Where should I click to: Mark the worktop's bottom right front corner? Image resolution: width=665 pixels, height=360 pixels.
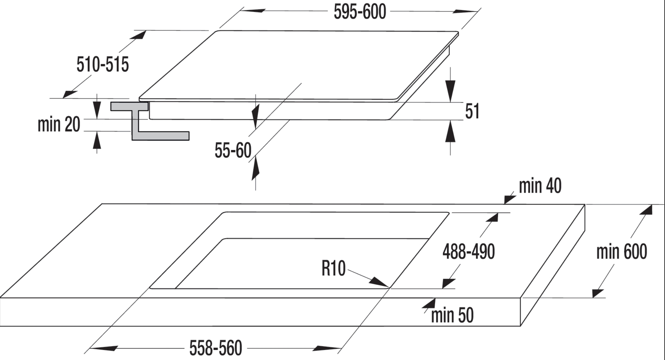[x=521, y=326]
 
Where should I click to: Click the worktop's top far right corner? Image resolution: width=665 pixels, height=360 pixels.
[x=585, y=204]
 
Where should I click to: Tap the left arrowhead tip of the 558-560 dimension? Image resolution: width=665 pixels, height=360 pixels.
[x=89, y=349]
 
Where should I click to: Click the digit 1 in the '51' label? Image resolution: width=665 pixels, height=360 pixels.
[x=476, y=111]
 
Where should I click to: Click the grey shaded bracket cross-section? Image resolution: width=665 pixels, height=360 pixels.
[x=150, y=121]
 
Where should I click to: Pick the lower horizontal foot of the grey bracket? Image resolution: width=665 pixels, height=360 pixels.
[x=160, y=136]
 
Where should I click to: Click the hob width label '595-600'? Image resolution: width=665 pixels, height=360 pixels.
[x=360, y=12]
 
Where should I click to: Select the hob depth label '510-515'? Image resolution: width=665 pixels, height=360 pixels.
[x=103, y=64]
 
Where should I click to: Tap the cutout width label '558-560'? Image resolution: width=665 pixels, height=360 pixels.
[x=216, y=348]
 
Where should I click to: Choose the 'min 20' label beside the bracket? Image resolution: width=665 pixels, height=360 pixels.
[x=59, y=124]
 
